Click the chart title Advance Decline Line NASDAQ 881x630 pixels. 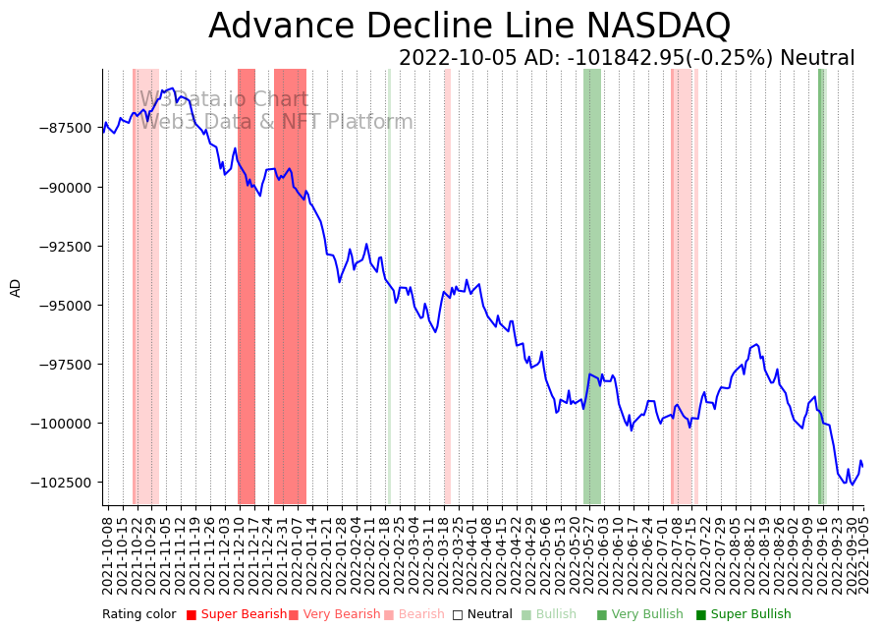pyautogui.click(x=469, y=27)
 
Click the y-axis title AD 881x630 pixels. pyautogui.click(x=16, y=287)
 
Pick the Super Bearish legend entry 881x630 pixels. pyautogui.click(x=236, y=614)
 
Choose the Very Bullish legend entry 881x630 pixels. pyautogui.click(x=639, y=614)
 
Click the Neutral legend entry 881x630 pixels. pyautogui.click(x=482, y=614)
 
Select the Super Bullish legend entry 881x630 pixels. pyautogui.click(x=743, y=614)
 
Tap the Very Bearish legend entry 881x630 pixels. pyautogui.click(x=334, y=614)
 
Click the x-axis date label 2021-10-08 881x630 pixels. pyautogui.click(x=107, y=554)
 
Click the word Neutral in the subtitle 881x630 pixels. pyautogui.click(x=817, y=58)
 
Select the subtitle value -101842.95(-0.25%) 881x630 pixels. pyautogui.click(x=671, y=58)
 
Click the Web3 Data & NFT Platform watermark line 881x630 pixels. pyautogui.click(x=276, y=122)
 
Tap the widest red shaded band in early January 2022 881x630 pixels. pyautogui.click(x=290, y=285)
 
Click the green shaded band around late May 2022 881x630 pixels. pyautogui.click(x=592, y=285)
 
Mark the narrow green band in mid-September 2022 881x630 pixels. pyautogui.click(x=821, y=285)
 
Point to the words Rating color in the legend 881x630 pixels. pyautogui.click(x=138, y=614)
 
